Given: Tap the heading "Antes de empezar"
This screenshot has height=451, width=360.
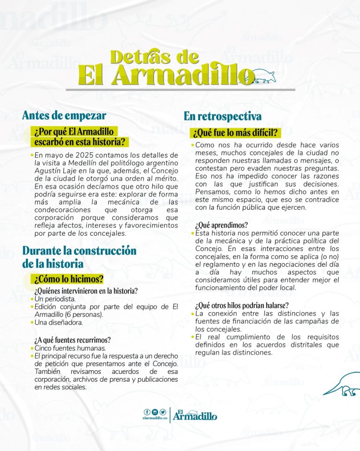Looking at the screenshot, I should pos(64,116).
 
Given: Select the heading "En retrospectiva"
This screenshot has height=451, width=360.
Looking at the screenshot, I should pos(223,116).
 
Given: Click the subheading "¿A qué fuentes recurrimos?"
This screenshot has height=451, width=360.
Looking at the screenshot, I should pos(72,340).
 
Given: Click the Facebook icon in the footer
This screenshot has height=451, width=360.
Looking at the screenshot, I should pos(147,412).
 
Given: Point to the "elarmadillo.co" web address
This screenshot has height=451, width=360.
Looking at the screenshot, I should pos(155,419).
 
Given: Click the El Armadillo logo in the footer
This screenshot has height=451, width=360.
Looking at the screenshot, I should pos(195,414).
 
